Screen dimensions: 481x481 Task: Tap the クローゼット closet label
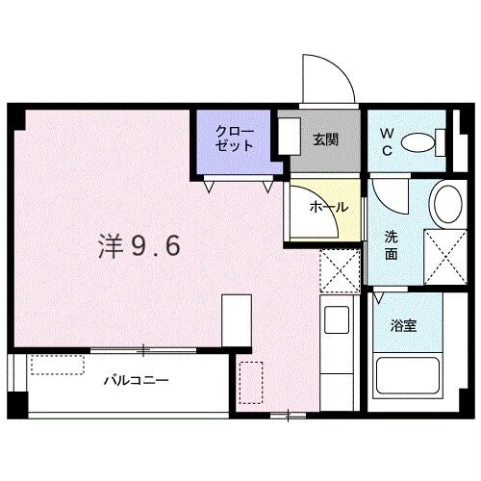[x=234, y=139]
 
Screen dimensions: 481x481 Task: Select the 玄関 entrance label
[x=323, y=139]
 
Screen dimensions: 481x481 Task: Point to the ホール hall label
[x=327, y=207]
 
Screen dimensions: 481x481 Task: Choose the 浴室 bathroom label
[x=402, y=326]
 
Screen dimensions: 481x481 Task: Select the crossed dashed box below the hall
[x=338, y=268]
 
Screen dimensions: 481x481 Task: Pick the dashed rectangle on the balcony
[x=57, y=365]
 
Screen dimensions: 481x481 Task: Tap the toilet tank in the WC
[x=443, y=143]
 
